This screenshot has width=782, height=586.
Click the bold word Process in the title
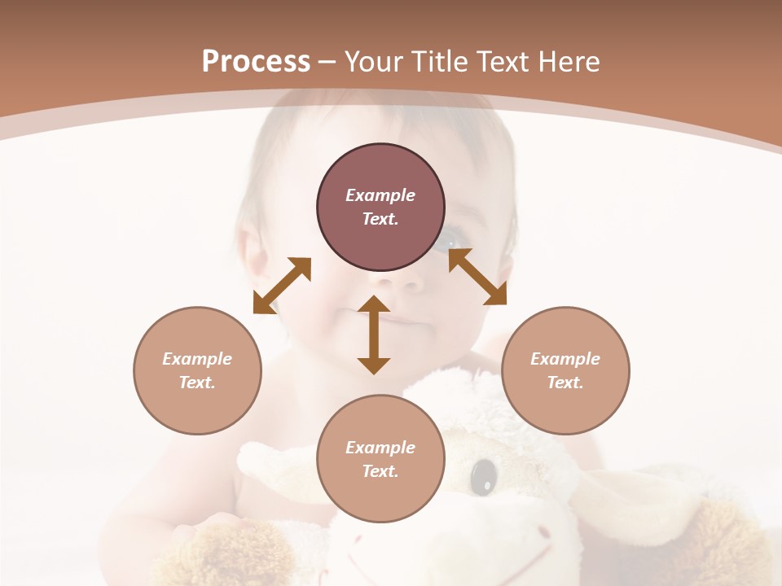[x=256, y=62]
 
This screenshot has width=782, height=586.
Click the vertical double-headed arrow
[x=374, y=335]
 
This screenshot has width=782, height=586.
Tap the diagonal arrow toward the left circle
[x=282, y=285]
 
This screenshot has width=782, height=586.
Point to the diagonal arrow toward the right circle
[x=477, y=277]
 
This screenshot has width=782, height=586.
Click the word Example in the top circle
[x=380, y=195]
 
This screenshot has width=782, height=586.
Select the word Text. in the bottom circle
[x=380, y=471]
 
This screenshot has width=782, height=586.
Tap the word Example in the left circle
[x=197, y=359]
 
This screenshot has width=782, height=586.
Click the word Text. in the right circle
[x=565, y=383]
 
